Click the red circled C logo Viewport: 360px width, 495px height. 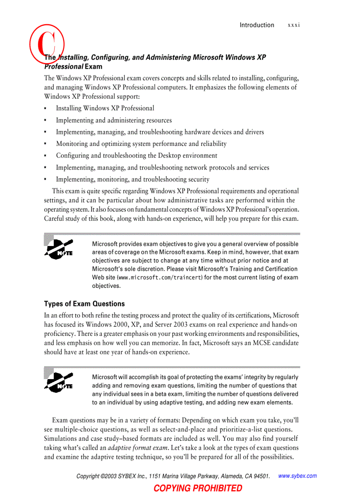tap(47, 43)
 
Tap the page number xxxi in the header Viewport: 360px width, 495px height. tap(294, 25)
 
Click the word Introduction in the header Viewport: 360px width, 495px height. tap(257, 25)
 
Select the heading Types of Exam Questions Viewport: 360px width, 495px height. tap(84, 304)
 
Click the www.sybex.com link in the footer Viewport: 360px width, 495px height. tap(298, 476)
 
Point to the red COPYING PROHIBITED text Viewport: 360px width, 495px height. tap(198, 488)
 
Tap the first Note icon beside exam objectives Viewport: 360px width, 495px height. tap(58, 248)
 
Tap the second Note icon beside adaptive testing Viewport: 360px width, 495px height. tap(58, 382)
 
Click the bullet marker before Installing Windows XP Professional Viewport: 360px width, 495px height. tap(45, 108)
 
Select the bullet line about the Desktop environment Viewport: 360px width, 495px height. tap(136, 156)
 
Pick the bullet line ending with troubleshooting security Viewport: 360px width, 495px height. tap(132, 179)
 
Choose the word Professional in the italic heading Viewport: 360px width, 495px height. tap(64, 67)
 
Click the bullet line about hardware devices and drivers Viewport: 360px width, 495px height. tap(160, 132)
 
